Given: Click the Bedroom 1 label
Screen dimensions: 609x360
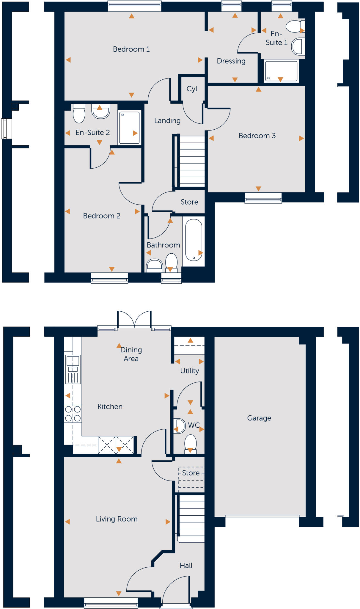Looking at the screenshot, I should (131, 49).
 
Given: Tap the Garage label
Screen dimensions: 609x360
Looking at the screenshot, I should (259, 418).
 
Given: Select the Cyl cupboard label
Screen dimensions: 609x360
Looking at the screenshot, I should (192, 89).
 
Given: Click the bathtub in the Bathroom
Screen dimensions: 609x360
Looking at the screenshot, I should (194, 240).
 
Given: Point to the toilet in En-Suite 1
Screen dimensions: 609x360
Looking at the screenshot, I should (294, 26).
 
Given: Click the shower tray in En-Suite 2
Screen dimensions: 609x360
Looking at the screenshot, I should (129, 128).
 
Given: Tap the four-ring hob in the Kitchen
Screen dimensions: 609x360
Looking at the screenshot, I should (73, 414).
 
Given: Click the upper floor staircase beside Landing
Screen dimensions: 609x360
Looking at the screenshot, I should (192, 161).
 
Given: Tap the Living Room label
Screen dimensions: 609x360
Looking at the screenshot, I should (117, 519).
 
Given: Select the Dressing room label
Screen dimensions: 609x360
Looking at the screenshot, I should (231, 61).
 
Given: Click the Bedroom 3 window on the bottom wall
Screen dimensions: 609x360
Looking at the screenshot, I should (263, 198).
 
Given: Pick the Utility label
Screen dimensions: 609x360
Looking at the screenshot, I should (189, 371).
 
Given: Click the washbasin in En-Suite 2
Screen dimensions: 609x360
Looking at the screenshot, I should (100, 112).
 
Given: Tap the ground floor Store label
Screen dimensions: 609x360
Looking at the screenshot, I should (191, 473).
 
